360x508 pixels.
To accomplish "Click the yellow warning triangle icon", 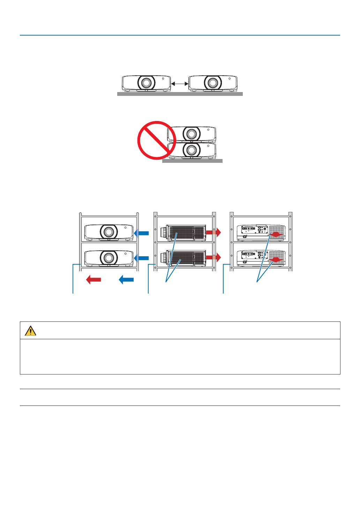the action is [x=31, y=331].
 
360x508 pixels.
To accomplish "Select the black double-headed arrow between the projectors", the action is [x=180, y=84].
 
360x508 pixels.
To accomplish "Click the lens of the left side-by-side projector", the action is [x=147, y=83].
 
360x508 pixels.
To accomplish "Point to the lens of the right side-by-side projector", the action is [x=212, y=83].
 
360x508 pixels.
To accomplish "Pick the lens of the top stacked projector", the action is [x=191, y=134].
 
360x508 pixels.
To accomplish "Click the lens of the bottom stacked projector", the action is [x=191, y=150].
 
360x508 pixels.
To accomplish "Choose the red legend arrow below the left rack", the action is [x=93, y=279].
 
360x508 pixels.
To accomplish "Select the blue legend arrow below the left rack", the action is [x=126, y=279].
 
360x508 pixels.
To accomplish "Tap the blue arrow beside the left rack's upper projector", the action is [x=142, y=233].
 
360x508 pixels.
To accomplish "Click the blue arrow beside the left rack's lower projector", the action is [x=142, y=258].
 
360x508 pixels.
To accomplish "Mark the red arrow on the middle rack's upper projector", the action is [x=213, y=232].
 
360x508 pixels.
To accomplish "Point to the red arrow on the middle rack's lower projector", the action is [x=213, y=257].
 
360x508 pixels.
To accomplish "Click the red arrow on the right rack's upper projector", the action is [x=276, y=235].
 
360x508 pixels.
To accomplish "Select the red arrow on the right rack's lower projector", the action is [x=276, y=260].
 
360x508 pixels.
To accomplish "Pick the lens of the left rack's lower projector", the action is [x=108, y=258].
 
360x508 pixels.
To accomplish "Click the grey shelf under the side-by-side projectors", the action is [x=180, y=94].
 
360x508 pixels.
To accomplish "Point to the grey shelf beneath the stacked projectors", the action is [x=192, y=161].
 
